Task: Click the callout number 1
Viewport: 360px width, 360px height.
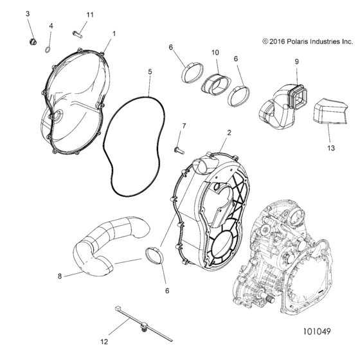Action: pyautogui.click(x=114, y=33)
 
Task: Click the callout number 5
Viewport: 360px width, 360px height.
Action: pyautogui.click(x=150, y=72)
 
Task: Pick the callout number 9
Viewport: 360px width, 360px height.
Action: pyautogui.click(x=297, y=62)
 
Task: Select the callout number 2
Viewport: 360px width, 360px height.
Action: pyautogui.click(x=229, y=132)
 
